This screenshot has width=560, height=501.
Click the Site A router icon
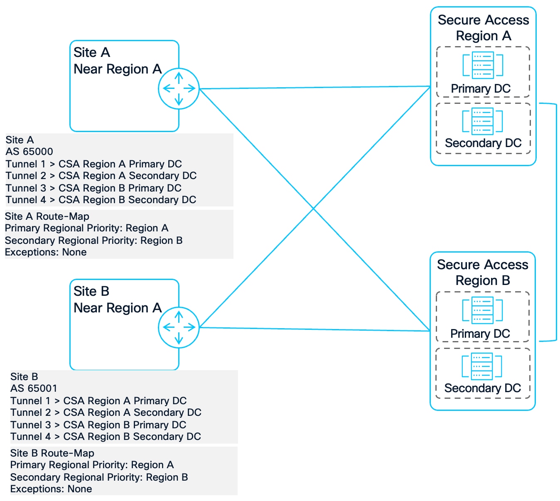(179, 88)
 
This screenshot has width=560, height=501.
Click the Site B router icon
(179, 327)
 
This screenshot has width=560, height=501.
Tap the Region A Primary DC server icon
(483, 65)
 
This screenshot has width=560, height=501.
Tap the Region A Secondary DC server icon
(483, 121)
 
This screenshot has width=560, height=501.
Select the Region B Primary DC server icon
(482, 310)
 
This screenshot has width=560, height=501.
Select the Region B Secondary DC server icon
(482, 366)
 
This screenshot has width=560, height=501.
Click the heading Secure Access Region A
(483, 28)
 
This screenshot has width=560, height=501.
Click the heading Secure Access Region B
(482, 273)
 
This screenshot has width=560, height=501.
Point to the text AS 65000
(29, 152)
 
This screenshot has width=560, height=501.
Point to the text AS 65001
(34, 388)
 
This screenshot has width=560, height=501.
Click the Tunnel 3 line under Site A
(93, 188)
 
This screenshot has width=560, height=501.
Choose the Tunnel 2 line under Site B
(106, 413)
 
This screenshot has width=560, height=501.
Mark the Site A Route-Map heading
(47, 216)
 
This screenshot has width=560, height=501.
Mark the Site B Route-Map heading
(52, 453)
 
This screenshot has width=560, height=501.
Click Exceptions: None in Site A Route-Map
(46, 252)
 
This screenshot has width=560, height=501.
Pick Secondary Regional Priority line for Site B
(99, 477)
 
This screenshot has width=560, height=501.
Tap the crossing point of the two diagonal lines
(314, 208)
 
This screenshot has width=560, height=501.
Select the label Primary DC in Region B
(480, 334)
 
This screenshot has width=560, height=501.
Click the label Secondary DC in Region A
(483, 143)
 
